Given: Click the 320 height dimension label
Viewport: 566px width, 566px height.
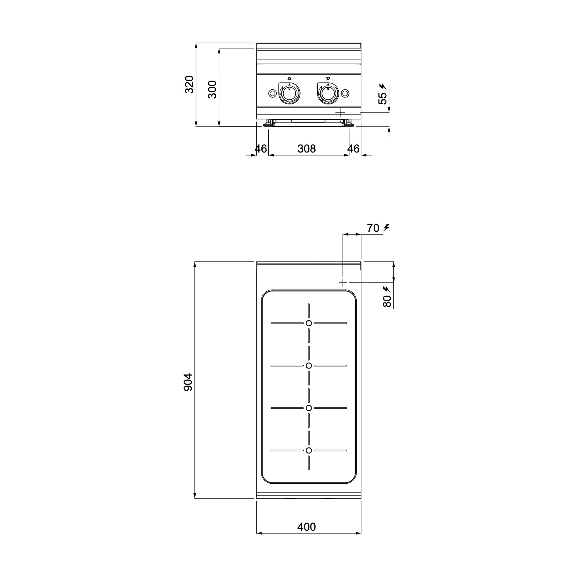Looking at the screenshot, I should tap(189, 84).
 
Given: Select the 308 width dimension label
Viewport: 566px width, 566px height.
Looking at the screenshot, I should tap(306, 149).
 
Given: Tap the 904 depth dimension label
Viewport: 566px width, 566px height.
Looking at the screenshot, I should tap(188, 382).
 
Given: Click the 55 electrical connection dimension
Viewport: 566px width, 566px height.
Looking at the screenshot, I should tap(383, 98).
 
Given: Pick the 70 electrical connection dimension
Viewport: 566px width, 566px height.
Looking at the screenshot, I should tap(373, 228).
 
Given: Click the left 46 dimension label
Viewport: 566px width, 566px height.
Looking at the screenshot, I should tap(261, 149).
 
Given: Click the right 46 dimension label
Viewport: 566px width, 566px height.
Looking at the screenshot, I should tap(353, 149).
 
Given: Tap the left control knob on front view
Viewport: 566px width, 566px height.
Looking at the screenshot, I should tap(290, 93).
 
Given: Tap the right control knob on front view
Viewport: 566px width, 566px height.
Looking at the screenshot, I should tap(328, 93).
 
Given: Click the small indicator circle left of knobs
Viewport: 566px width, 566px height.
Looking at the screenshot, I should tap(272, 93).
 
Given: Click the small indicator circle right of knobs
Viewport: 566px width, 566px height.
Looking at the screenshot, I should tap(345, 93).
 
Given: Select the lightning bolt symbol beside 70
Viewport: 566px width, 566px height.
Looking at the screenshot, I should tap(387, 227).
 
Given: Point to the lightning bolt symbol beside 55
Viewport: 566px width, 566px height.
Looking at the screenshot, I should tap(382, 86).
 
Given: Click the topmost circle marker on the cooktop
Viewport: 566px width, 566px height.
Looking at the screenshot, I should tap(309, 323).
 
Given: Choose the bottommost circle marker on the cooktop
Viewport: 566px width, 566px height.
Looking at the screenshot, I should tap(309, 450).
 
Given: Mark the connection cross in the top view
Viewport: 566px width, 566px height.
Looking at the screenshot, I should tap(343, 282).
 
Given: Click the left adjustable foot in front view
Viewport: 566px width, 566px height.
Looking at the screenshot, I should tap(268, 123).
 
